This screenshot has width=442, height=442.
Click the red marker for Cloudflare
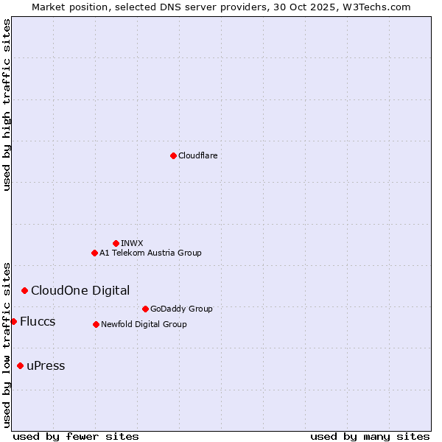173,155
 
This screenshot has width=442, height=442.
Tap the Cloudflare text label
197,155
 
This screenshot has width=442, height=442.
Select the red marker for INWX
116,243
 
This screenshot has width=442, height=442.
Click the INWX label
132,243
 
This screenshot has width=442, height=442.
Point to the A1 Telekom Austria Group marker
94,253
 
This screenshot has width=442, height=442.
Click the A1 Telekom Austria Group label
150,253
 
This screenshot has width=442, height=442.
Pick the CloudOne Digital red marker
24,290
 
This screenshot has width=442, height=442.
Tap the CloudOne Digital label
80,290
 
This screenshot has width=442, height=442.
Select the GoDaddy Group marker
145,309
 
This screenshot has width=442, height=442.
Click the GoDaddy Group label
181,309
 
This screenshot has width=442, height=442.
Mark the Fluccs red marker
13,321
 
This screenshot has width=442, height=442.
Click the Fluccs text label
38,321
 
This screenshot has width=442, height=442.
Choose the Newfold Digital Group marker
96,324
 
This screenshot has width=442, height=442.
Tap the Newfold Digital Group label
144,324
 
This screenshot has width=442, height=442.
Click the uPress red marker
20,365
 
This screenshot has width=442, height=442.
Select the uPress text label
46,365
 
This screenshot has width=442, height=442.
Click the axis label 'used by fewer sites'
76,436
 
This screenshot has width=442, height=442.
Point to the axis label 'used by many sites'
370,436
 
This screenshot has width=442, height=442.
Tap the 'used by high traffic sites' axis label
7,105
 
